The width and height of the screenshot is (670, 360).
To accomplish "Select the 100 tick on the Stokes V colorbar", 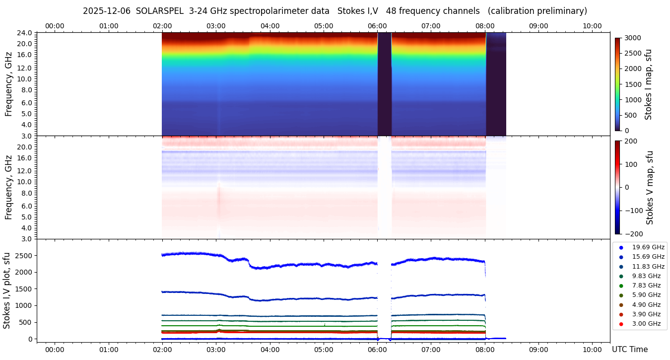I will click(x=630, y=164).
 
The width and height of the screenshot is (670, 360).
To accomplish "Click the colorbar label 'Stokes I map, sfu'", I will click(x=648, y=84).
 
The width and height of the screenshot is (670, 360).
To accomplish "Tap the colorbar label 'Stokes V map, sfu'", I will click(x=650, y=187).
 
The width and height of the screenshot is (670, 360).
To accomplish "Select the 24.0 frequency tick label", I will click(x=25, y=33).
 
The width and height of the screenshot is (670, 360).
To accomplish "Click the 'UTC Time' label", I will click(x=629, y=350).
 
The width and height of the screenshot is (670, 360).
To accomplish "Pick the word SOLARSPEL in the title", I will click(x=160, y=11).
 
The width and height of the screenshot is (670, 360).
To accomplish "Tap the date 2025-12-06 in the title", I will click(x=107, y=11).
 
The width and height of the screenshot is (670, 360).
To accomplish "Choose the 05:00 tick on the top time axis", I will click(x=324, y=26).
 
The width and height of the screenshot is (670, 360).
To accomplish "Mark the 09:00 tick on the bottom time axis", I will click(x=538, y=350).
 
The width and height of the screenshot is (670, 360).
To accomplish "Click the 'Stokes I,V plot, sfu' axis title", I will click(x=7, y=290).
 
